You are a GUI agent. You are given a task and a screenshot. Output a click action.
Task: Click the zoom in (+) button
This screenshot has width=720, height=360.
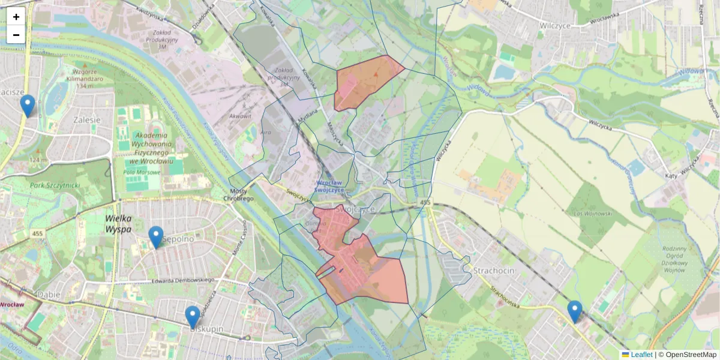[x=16, y=17]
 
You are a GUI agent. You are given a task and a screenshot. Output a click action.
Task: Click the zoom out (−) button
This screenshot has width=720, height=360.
[x=16, y=35]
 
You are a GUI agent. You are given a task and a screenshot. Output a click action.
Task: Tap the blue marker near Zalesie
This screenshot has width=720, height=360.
[x=27, y=106]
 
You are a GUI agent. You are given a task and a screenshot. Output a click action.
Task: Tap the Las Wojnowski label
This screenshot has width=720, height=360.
[x=592, y=214]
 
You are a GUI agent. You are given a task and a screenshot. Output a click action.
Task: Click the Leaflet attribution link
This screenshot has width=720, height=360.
[x=641, y=355]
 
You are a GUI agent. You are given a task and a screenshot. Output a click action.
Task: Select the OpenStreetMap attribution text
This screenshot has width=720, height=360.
[x=690, y=355]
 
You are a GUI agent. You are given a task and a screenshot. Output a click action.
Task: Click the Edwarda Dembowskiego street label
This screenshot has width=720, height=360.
[x=182, y=280]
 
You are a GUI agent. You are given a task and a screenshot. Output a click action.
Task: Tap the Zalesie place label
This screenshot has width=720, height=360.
[x=86, y=119]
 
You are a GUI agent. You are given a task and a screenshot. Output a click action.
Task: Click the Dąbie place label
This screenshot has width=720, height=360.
[x=49, y=295]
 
